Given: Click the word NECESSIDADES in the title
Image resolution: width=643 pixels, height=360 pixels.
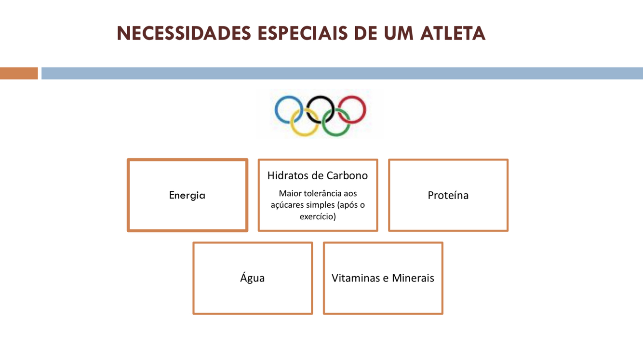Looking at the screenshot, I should [184, 34].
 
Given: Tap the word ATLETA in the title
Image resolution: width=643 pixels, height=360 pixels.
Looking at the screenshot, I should [452, 34].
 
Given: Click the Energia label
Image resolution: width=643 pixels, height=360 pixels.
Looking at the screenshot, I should [187, 195].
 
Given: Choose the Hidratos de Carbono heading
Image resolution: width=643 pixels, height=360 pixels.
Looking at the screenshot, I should [318, 175].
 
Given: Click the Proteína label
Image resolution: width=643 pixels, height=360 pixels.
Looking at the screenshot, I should [448, 195].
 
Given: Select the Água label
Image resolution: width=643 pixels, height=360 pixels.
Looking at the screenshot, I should [253, 278].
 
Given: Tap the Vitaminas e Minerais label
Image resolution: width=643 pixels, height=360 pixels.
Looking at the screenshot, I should [383, 278].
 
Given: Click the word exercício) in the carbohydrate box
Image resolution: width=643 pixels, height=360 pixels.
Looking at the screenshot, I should [318, 216].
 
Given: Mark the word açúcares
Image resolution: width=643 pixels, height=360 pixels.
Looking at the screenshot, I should [287, 205].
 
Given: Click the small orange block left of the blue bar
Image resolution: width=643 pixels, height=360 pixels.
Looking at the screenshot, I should [19, 73].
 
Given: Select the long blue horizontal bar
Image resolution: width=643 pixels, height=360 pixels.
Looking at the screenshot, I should [342, 73].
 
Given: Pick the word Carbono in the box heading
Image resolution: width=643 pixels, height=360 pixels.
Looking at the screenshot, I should [347, 175].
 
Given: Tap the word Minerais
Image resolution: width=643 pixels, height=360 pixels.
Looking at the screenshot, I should [413, 278].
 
